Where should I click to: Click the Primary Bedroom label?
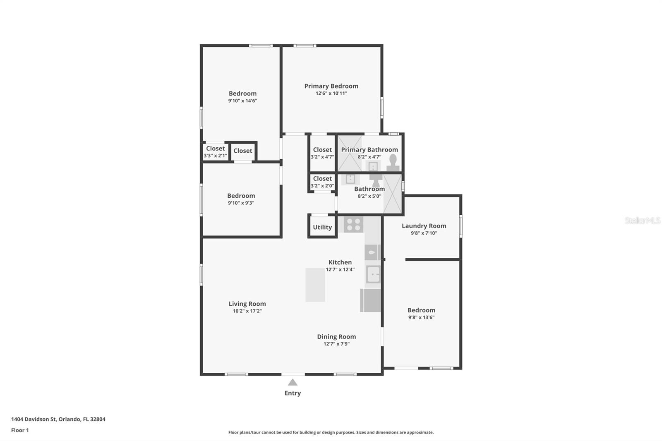(x=331, y=86)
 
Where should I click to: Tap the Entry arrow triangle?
(x=293, y=383)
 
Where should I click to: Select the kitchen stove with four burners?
(x=353, y=225)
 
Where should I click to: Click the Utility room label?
(x=322, y=227)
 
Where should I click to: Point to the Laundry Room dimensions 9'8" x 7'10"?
(x=424, y=233)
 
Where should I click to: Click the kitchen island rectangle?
(x=315, y=285)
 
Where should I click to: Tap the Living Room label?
(x=247, y=304)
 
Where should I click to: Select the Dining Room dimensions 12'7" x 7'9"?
(x=336, y=344)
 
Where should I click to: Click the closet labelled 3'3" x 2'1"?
(x=216, y=152)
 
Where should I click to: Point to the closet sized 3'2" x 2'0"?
(x=322, y=182)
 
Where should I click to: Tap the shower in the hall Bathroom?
(x=393, y=194)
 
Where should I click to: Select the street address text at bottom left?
(x=58, y=419)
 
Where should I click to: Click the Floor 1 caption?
(x=20, y=430)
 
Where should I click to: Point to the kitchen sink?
(x=373, y=274)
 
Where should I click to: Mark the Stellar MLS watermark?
(x=643, y=220)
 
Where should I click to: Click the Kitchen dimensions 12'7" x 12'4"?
(x=340, y=269)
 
